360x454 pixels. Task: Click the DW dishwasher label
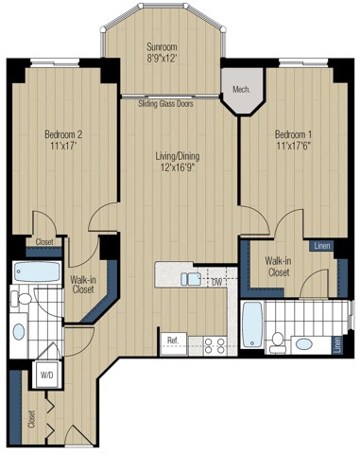[x=216, y=281]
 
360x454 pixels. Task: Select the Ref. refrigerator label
[x=173, y=340]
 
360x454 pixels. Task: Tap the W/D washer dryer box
[x=44, y=372]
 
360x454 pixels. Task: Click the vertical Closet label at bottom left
[x=32, y=416]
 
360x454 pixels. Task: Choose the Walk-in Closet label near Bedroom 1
[x=278, y=267]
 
